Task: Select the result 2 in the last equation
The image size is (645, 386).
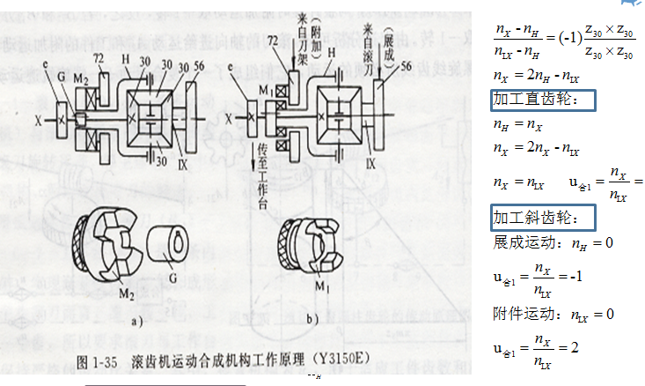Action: click(x=574, y=349)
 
